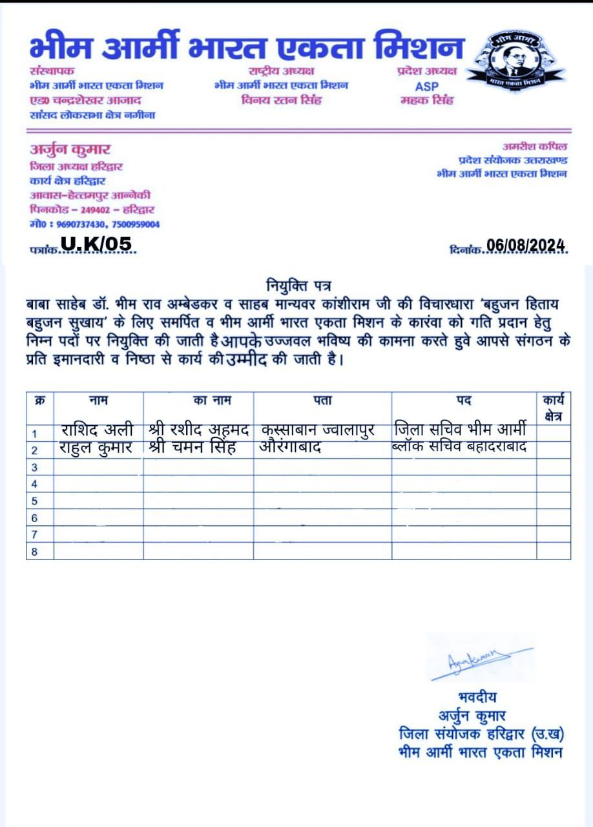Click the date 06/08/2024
[x=526, y=246]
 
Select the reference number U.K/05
[x=96, y=244]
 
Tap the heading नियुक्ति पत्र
[x=299, y=284]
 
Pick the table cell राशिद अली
[x=98, y=430]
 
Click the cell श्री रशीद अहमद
[x=198, y=430]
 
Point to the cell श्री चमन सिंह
[x=192, y=448]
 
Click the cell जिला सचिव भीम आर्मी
[x=463, y=429]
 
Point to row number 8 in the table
[x=35, y=551]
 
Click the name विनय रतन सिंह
[x=281, y=100]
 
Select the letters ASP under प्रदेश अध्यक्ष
[x=427, y=86]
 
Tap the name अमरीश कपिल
[x=535, y=147]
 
